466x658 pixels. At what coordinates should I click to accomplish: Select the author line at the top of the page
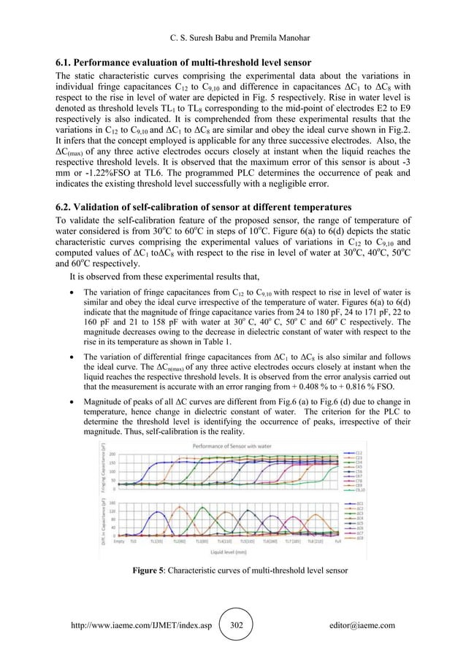[x=232, y=12]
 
